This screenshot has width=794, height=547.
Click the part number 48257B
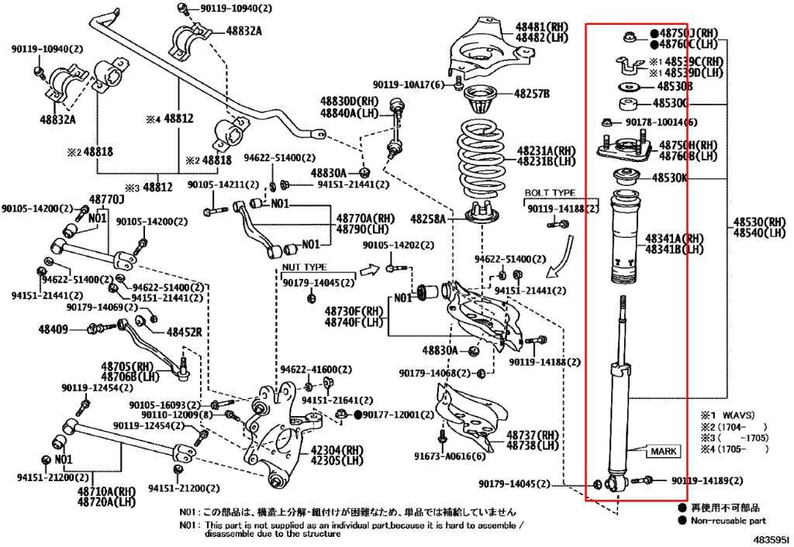pos(533,95)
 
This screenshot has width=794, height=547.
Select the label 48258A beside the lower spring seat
pos(428,219)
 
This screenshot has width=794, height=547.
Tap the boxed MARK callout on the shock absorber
pos(664,451)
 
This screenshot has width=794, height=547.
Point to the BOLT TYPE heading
pos(550,192)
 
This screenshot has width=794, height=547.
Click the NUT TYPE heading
pos(305,267)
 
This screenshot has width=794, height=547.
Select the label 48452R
pos(184,332)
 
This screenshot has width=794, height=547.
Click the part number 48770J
pos(108,200)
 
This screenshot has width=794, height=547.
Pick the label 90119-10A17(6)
pos(408,85)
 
